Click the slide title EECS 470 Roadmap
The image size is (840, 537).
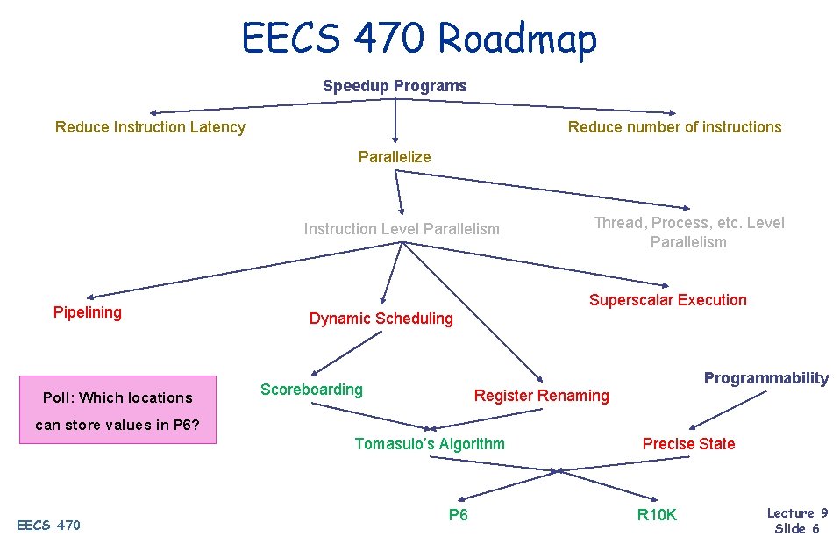point(419,39)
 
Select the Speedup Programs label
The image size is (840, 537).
point(395,86)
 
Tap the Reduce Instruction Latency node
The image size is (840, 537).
point(150,127)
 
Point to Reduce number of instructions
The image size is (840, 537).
point(674,127)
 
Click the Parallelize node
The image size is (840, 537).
point(395,157)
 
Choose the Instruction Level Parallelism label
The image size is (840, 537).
point(402,229)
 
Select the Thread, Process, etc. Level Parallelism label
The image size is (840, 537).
point(689,233)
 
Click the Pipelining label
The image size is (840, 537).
point(88,312)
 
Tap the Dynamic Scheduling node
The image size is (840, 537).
point(381,319)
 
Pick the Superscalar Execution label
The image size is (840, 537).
point(668,300)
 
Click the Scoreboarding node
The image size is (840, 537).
point(311,390)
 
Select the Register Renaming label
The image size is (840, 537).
point(541,396)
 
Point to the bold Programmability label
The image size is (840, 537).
point(766,378)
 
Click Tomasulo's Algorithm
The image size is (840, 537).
point(430,444)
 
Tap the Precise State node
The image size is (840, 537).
point(688,444)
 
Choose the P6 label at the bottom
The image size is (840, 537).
point(458,515)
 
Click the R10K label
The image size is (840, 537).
point(657,516)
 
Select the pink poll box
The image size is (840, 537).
point(117,411)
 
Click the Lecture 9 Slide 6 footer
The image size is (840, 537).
point(797,520)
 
